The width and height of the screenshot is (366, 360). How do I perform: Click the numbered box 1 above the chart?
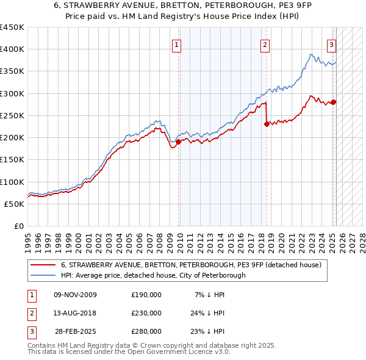pos(176,44)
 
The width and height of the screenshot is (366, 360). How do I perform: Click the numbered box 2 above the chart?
pos(265,44)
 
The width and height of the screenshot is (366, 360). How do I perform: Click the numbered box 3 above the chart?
pos(331,44)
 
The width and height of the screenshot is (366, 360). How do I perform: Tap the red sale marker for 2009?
pos(178,142)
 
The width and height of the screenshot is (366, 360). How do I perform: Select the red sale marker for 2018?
pos(267,124)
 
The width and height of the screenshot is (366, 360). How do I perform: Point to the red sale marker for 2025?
pos(334,102)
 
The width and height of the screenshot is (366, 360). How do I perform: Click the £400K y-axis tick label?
pos(12,49)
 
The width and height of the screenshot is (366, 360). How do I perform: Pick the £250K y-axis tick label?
pos(12,115)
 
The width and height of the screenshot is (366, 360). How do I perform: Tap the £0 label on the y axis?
pos(19,226)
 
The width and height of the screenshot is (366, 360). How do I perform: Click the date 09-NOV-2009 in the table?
pos(75,295)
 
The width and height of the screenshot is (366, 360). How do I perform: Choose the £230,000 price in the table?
pos(146,313)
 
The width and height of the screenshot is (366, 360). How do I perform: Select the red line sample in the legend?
pos(43,265)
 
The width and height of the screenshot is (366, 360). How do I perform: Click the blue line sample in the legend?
pos(43,275)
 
